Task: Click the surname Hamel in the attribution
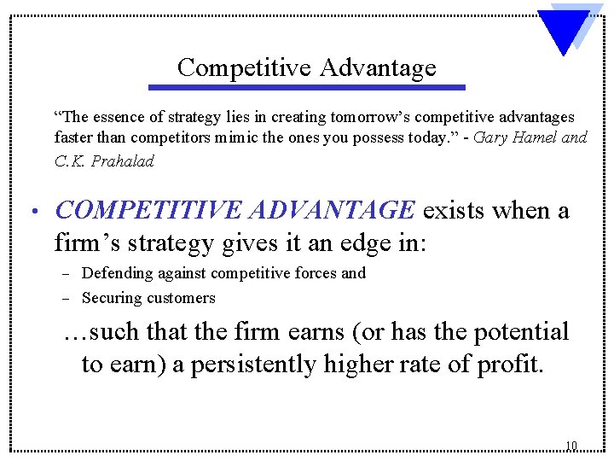coord(535,137)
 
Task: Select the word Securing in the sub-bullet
coord(112,298)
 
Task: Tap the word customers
coord(181,298)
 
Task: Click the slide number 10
coord(571,446)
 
